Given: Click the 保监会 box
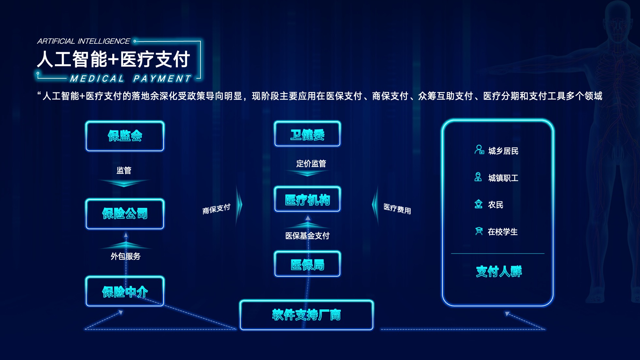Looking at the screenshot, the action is tap(125, 136).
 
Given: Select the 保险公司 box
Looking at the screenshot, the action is tap(125, 213).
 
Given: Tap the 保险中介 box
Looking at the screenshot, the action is tap(125, 291).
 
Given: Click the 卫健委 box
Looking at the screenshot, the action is tap(307, 134).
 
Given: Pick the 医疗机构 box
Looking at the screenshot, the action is tap(307, 199).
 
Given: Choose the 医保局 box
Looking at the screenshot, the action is tap(307, 264).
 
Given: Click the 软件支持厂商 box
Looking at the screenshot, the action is tap(306, 315).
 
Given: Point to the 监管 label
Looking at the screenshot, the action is tap(124, 170).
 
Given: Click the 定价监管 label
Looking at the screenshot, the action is tap(311, 164).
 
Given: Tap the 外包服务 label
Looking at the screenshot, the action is tap(125, 256).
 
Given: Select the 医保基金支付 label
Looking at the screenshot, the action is tap(307, 236).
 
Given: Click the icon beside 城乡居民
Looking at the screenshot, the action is tap(479, 150).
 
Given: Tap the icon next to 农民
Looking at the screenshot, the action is tap(478, 204).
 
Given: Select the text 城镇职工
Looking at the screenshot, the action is tap(503, 178).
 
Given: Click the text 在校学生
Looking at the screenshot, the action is tap(503, 232).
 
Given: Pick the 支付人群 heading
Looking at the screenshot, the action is tap(499, 271).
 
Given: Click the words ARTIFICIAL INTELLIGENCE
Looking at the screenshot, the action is tap(84, 41).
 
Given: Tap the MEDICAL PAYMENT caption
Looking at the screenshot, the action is tap(130, 79).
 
